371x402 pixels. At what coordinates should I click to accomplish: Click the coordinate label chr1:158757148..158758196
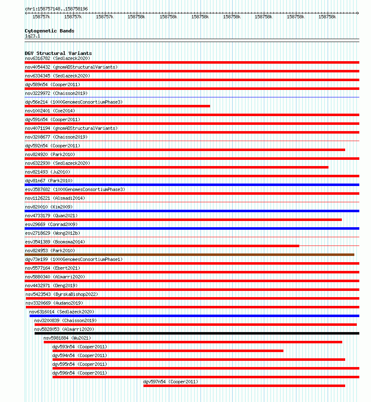coord(56,9)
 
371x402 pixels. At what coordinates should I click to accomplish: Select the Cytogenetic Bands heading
coord(49,31)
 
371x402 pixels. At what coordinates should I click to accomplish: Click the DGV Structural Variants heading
coord(58,53)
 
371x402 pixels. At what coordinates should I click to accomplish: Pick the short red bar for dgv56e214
coord(117,106)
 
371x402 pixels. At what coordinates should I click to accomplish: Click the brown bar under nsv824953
coord(189,255)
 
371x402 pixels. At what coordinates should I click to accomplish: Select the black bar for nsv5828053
coord(196,333)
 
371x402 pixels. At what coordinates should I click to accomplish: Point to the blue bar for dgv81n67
coord(192,185)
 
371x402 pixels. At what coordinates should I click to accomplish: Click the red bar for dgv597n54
coord(244,386)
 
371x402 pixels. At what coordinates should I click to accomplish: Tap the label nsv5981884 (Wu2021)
coord(67,338)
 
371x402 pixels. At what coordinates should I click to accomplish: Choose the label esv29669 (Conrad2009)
coord(51,224)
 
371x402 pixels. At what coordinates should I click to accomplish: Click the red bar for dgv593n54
coord(168,351)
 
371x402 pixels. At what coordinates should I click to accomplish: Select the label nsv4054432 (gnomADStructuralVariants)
coord(71,67)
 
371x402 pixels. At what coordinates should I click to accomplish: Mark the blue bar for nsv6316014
coord(194,316)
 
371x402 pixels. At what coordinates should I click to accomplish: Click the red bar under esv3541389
coord(162,246)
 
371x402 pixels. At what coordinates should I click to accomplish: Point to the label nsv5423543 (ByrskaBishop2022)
coord(62,294)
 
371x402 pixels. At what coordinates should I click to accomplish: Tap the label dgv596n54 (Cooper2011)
coord(79,373)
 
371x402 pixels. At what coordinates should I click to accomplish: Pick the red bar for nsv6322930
coord(176,167)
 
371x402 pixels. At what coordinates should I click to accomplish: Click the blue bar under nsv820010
coord(192,211)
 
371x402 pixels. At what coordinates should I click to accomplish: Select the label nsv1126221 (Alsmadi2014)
coord(55,198)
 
